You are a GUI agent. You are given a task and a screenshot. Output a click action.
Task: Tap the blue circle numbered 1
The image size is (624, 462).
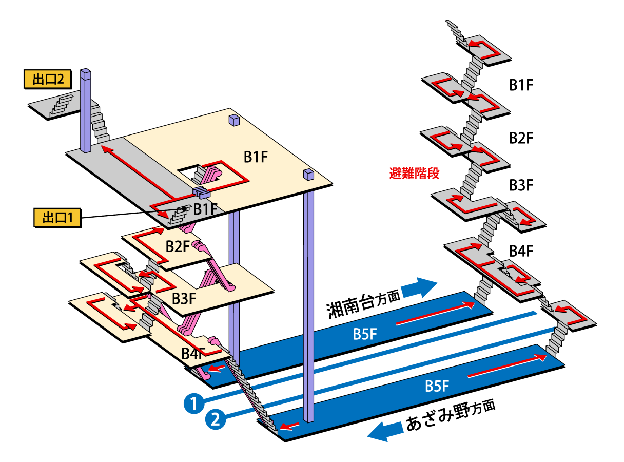coord(193,403)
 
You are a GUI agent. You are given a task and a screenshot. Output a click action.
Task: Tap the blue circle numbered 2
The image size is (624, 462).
coord(215,419)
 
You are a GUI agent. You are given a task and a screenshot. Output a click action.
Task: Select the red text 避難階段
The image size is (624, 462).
coord(414,174)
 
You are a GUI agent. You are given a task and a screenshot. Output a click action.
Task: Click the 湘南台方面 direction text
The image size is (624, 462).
coord(362,305)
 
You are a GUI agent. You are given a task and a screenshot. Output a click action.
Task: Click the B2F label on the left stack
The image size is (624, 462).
coord(178,246)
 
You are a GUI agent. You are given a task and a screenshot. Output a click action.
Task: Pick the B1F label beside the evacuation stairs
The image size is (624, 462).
coord(521,85)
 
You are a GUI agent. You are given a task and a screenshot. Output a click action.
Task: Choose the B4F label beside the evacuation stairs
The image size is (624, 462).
coord(521,251)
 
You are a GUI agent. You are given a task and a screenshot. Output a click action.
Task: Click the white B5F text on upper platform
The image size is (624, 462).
coord(365,334)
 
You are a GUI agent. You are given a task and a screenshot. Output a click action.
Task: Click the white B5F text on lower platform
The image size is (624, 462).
coord(438,386)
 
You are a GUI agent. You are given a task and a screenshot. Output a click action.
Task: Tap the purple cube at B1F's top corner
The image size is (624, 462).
coord(235,120)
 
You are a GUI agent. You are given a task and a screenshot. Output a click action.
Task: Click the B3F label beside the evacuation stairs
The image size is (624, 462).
coord(521,184)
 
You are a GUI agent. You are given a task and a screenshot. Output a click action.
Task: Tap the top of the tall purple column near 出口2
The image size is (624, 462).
coord(86,72)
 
